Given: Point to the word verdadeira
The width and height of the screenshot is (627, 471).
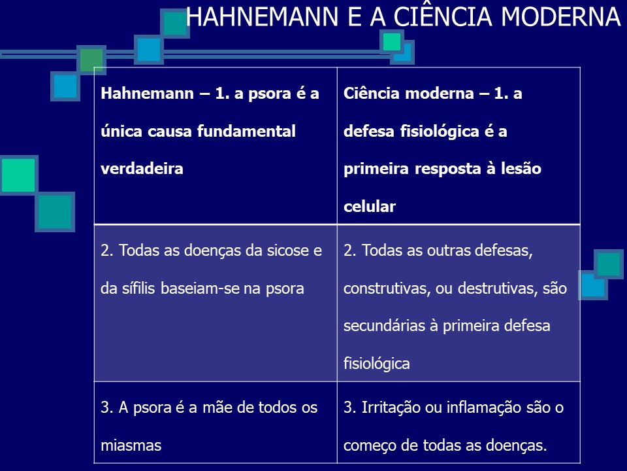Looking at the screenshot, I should point(142,168).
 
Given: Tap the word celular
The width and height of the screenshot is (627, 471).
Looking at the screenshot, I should point(370,207).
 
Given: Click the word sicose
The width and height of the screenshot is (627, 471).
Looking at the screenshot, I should point(285,251).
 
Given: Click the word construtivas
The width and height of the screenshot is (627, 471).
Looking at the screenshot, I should point(382,288).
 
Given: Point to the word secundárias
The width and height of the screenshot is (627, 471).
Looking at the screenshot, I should point(383,325).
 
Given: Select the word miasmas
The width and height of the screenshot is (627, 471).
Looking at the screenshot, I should point(131,445).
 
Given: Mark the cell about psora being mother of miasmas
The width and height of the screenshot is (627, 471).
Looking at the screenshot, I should point(216,425).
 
